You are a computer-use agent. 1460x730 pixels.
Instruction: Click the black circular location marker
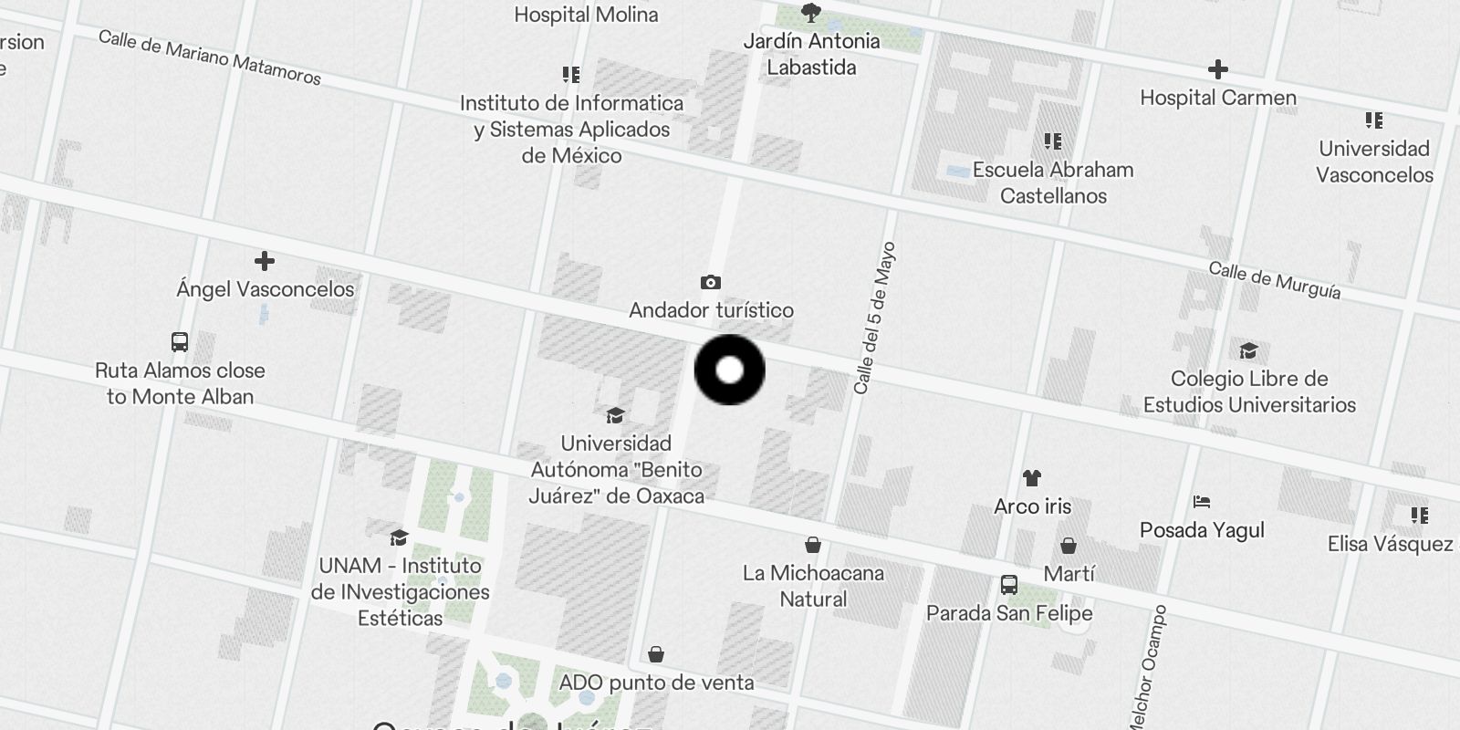[730, 370]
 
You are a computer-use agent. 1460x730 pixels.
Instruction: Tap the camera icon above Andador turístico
[711, 283]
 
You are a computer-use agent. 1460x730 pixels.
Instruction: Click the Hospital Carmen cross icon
[1217, 69]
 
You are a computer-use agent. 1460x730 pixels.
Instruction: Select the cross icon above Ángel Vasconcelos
[265, 262]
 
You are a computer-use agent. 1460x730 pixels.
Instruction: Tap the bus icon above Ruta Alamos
[180, 342]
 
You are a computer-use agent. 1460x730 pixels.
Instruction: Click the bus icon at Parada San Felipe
[1009, 585]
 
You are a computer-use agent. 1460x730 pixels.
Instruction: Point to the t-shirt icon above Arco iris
[1032, 478]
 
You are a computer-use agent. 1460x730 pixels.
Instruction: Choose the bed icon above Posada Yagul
[1202, 502]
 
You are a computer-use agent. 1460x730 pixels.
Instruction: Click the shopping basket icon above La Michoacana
[813, 546]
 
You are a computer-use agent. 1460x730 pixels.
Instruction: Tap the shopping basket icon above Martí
[1069, 546]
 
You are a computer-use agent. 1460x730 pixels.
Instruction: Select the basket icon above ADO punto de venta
[656, 655]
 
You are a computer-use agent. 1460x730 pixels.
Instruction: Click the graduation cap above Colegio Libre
[1248, 351]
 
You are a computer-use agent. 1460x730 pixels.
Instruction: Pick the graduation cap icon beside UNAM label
[399, 537]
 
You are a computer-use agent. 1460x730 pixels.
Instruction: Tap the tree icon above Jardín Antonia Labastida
[810, 13]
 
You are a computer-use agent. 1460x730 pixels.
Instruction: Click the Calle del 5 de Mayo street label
[875, 318]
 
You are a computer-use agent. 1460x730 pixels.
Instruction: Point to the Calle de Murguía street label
[1275, 280]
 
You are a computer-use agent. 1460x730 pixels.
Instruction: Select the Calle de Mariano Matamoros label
[209, 57]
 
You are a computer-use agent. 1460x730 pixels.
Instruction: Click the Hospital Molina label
[586, 15]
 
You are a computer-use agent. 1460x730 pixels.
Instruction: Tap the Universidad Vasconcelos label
[1374, 162]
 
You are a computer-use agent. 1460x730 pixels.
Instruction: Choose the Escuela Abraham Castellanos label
[1053, 182]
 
